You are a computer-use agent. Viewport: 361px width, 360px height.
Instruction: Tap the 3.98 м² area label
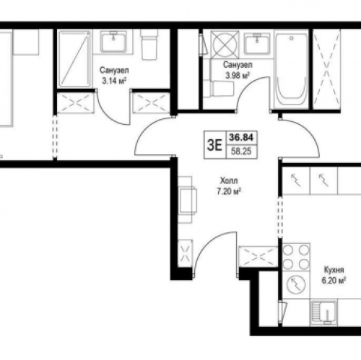click(237, 76)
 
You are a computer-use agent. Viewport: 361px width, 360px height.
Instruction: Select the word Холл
click(229, 180)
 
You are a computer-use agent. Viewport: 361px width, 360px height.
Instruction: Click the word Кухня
click(334, 270)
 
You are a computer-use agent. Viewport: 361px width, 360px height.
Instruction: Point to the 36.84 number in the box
click(241, 138)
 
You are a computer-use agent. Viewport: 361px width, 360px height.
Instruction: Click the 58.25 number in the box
click(241, 152)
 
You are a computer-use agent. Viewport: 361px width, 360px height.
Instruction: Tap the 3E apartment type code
click(214, 145)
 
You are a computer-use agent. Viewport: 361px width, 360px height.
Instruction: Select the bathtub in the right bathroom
click(292, 70)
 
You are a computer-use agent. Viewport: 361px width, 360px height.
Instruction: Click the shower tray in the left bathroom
click(75, 58)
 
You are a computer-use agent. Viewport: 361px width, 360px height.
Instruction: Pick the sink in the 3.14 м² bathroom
click(113, 42)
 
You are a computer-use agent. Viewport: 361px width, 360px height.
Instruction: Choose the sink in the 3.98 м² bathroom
click(257, 43)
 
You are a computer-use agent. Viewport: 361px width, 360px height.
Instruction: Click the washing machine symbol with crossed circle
click(225, 45)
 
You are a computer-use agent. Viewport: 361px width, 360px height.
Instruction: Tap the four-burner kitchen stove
click(296, 257)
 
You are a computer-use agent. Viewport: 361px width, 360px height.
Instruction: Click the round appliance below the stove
click(296, 284)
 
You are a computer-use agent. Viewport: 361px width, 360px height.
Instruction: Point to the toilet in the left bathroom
click(149, 45)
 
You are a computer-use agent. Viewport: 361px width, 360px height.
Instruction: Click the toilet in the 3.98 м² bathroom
click(219, 89)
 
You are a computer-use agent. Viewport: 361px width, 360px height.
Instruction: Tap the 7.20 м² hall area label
click(229, 191)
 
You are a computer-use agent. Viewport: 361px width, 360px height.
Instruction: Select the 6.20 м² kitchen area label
click(334, 281)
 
